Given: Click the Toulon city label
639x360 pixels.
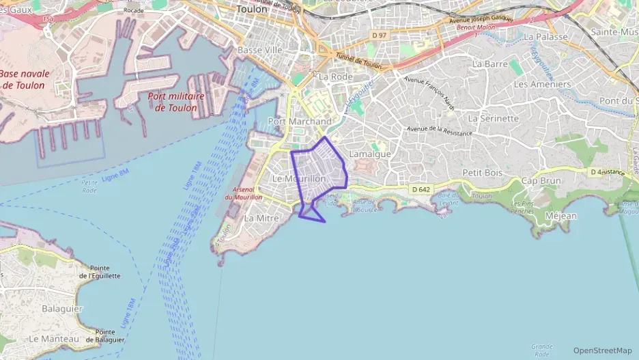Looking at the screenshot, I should pos(251,10).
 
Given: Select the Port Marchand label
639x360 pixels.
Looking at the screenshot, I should pos(300,121).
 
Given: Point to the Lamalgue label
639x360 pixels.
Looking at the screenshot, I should pos(370,154).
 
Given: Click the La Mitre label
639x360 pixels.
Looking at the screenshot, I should pos(261,218).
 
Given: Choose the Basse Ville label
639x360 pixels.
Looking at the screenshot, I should pos(259,51).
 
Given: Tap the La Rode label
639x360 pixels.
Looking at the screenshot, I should pos(335,77).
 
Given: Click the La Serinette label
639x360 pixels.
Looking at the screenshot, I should pos(494,117).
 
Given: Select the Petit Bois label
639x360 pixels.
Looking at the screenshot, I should pos(483,173).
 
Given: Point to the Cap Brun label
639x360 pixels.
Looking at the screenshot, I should pos(541,181).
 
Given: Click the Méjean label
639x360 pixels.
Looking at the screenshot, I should pos(561,216).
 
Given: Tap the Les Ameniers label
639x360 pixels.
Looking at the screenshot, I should pos(542,84).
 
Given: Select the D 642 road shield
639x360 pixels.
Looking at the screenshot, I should pos(421,189).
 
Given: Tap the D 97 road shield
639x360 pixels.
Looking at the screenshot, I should pos(380,35).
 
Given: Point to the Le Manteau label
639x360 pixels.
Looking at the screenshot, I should pos(54,338).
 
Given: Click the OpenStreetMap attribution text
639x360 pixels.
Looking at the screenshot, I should pos(602,350).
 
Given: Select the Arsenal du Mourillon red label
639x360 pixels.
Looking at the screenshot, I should pos(244,193).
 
